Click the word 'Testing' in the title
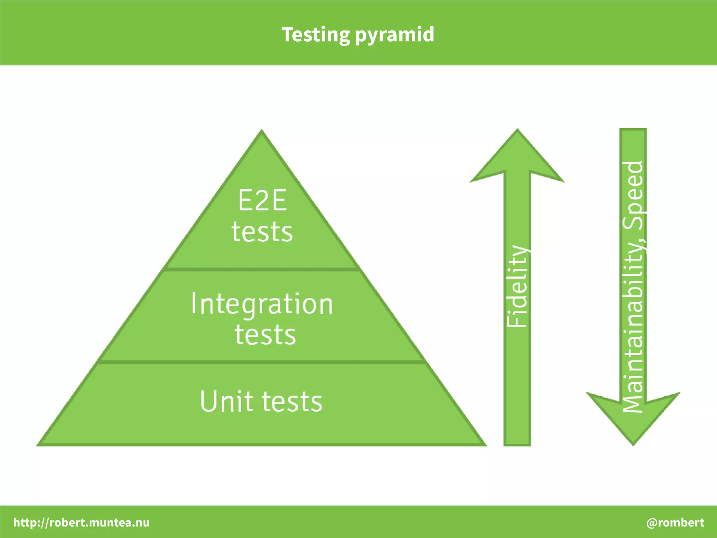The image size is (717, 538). point(315,35)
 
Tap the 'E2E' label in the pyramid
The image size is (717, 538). point(262,200)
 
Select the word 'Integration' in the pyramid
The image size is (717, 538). point(262,304)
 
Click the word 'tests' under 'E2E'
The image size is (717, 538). point(262,232)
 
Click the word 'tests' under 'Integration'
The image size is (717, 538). point(265,335)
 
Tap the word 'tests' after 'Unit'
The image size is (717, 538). point(292,401)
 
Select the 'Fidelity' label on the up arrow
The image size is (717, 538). point(517,286)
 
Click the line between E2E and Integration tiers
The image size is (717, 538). point(262,270)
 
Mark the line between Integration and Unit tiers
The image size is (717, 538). point(262,362)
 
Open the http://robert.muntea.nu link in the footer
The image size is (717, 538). point(82,522)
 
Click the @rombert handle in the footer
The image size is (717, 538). point(675,522)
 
